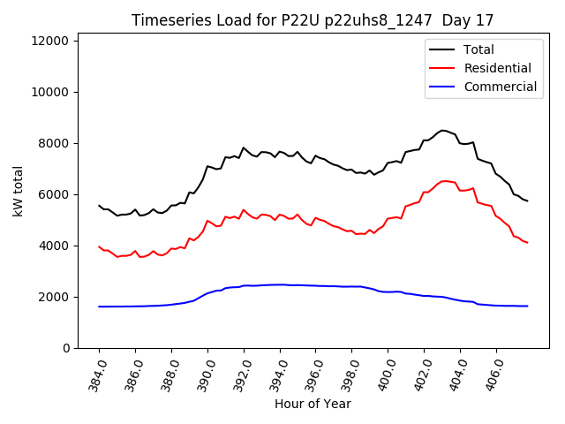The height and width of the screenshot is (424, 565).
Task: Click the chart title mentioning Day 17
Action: point(313,19)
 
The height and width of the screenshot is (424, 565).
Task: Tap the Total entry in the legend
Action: point(479,49)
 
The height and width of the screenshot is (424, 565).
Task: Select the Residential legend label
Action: point(497,68)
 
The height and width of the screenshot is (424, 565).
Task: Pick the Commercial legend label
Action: point(500,87)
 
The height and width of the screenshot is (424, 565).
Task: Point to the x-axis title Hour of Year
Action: point(313,404)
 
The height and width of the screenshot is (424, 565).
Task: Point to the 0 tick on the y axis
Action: point(67,348)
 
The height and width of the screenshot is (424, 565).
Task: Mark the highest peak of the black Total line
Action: point(443,130)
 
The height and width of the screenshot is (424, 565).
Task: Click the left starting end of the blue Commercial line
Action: point(99,307)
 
